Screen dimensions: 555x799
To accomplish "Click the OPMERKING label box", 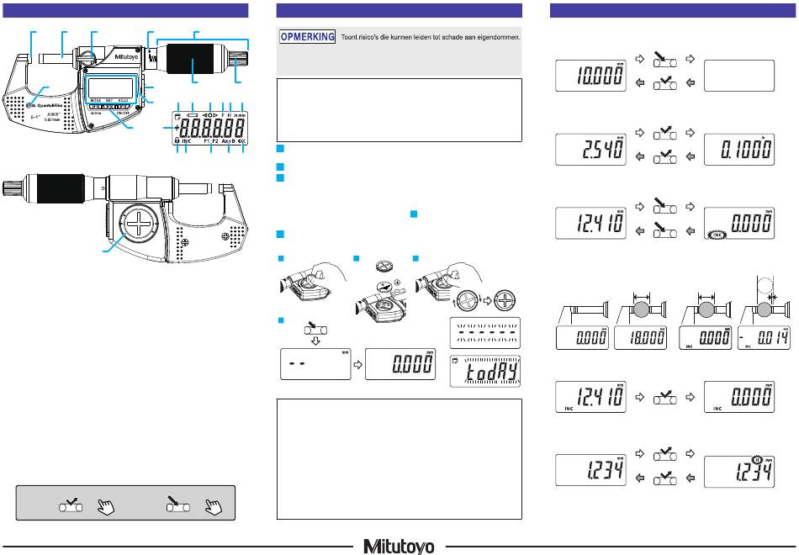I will click(308, 38).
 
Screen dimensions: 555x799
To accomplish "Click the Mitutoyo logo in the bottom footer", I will click(399, 547).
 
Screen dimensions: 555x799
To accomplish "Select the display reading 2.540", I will click(593, 151).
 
